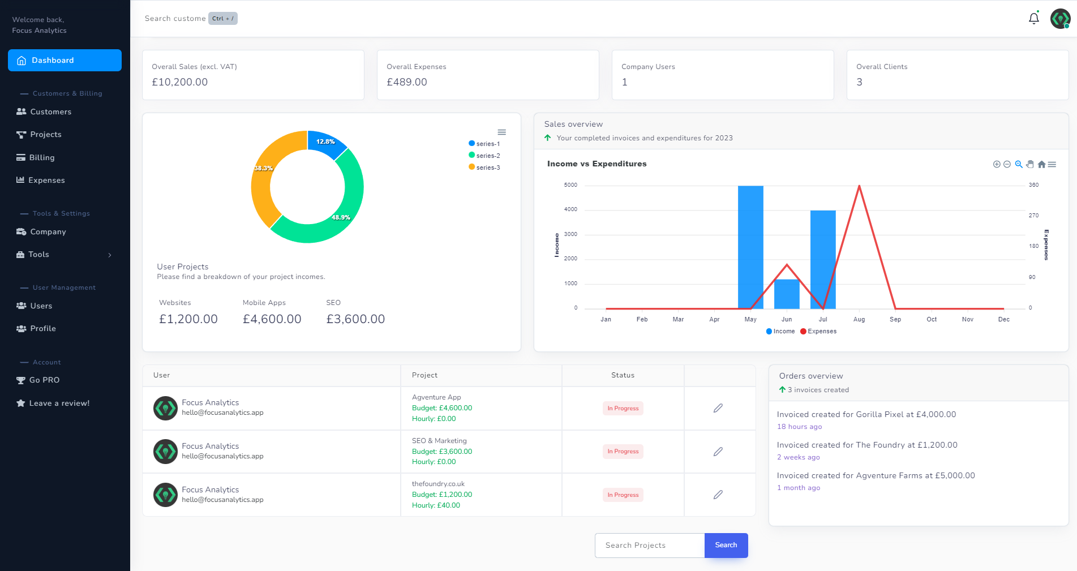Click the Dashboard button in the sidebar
(x=65, y=61)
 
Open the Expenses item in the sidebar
(x=46, y=181)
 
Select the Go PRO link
(x=44, y=380)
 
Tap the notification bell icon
(x=1033, y=19)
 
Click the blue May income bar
(x=750, y=247)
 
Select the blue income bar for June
(x=787, y=294)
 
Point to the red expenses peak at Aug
(x=859, y=186)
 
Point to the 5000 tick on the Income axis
(x=570, y=185)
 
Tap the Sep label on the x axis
(x=895, y=320)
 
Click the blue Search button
(x=726, y=546)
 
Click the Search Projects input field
(x=650, y=546)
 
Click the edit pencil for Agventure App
(x=718, y=408)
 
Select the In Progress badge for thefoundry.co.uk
(x=623, y=495)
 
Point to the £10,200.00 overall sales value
(x=180, y=82)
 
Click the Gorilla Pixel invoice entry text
(x=866, y=414)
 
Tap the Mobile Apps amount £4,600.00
(x=272, y=319)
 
